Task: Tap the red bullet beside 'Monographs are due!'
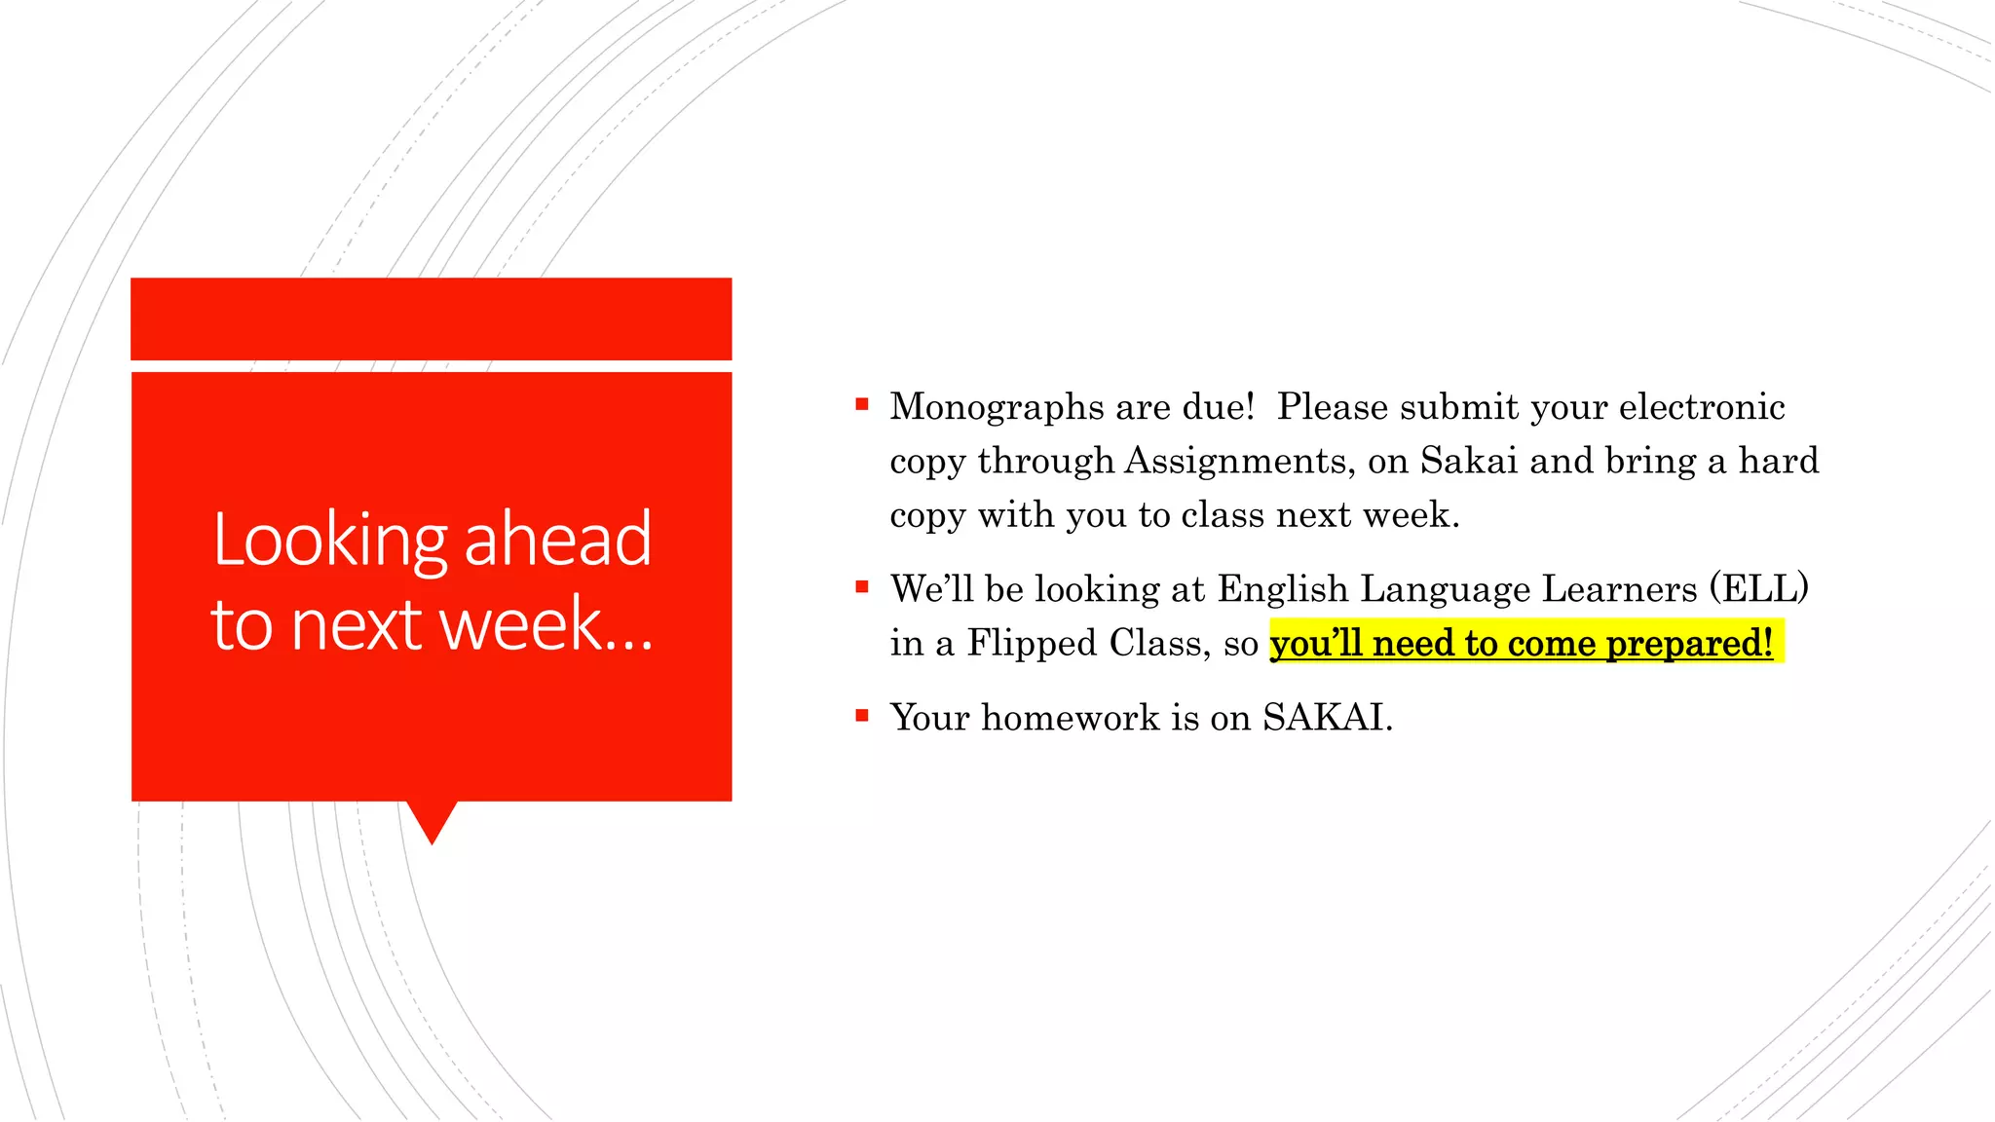tap(862, 404)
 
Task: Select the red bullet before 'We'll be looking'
tap(862, 586)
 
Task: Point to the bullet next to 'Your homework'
tap(862, 716)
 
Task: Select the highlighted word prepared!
tap(1689, 644)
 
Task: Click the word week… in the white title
tap(546, 624)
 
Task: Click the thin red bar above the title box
tap(431, 318)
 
